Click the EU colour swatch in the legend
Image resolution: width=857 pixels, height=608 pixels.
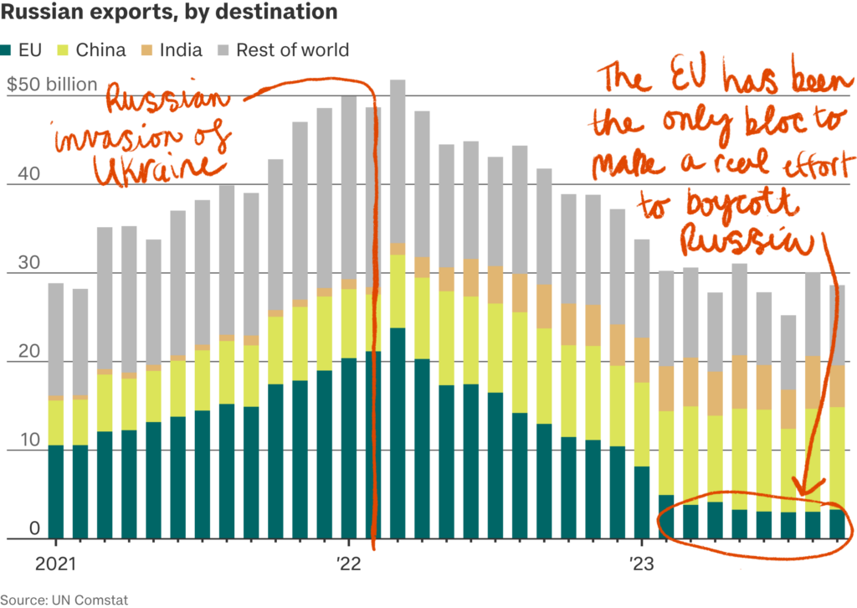coord(8,50)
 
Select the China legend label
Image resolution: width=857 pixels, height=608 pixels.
coord(100,50)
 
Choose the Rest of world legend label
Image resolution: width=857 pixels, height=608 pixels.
coord(292,50)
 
